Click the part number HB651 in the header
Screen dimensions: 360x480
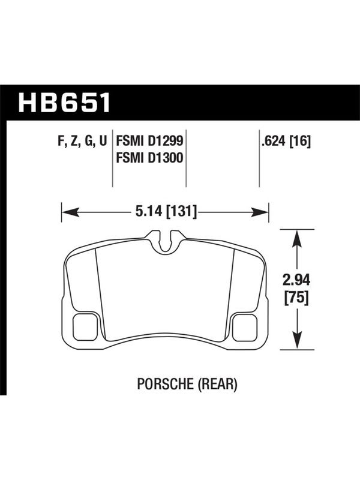point(64,103)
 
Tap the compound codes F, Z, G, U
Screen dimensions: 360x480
point(82,142)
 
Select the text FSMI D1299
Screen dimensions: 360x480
point(149,141)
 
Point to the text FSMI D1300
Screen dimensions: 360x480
point(149,158)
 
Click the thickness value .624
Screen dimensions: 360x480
point(274,141)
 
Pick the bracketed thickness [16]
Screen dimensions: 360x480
point(300,141)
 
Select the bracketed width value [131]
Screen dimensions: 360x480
point(181,212)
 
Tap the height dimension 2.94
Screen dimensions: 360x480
point(296,280)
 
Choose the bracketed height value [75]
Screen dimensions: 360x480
point(296,298)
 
